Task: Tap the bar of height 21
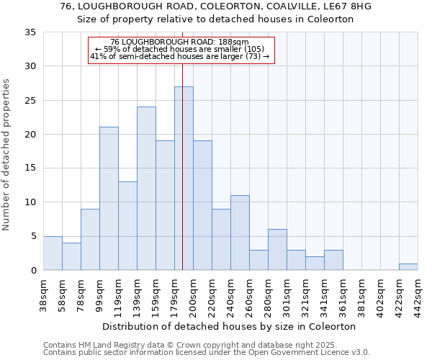tap(109, 199)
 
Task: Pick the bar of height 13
tap(127, 226)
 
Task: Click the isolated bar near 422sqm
tap(408, 267)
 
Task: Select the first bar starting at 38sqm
tap(53, 253)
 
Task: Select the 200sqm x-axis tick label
tap(194, 296)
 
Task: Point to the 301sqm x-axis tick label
tap(287, 296)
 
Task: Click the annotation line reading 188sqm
tap(181, 42)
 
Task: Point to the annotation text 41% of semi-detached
tap(181, 56)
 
